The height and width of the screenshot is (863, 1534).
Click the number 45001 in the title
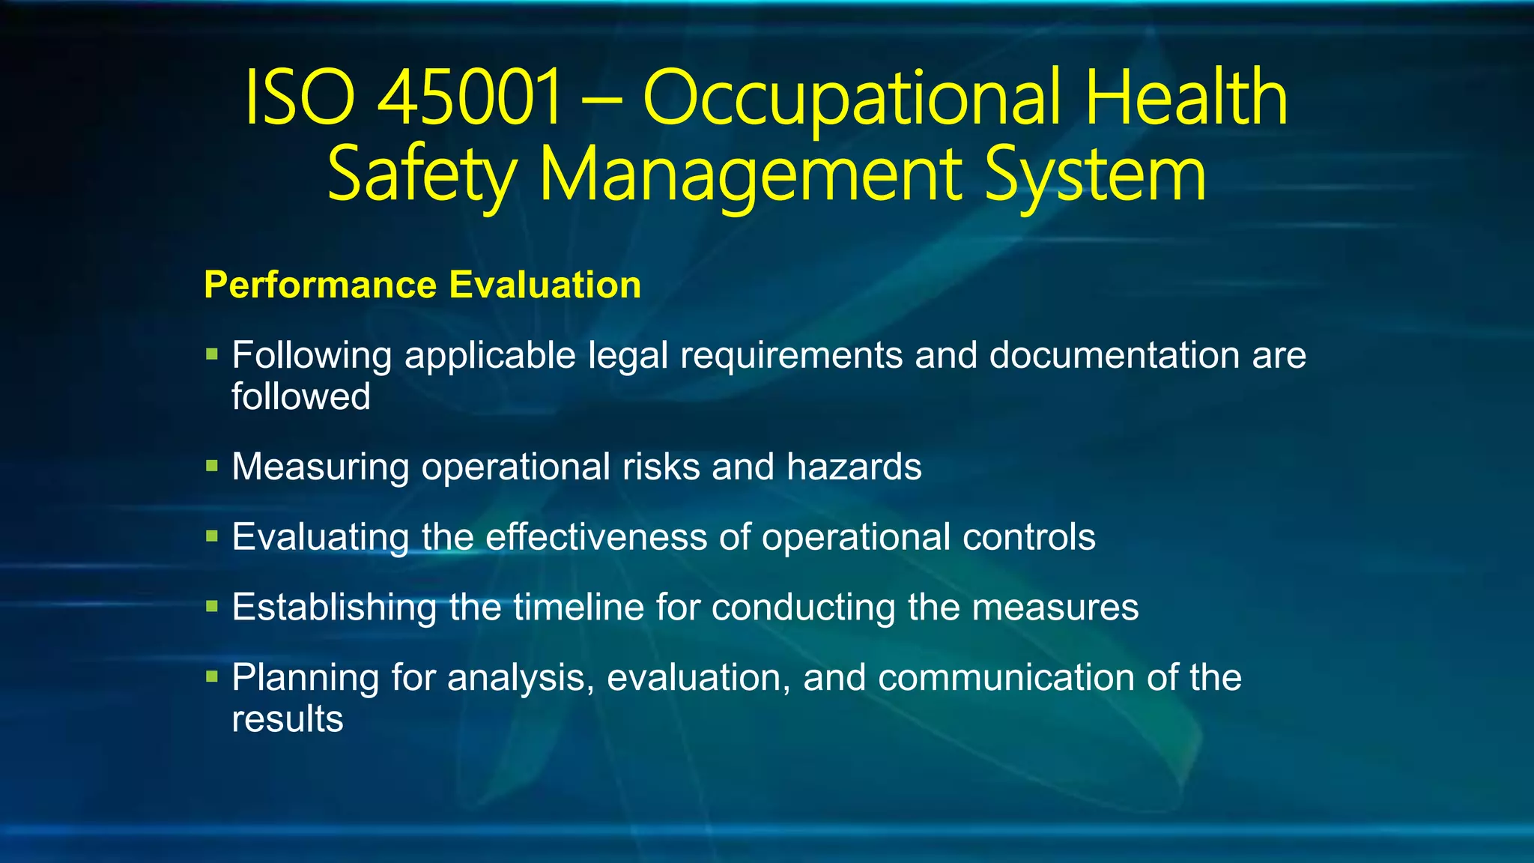click(469, 97)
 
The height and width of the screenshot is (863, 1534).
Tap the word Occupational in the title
click(852, 99)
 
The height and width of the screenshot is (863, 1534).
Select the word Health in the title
click(1186, 97)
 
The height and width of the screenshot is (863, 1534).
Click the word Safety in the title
click(422, 175)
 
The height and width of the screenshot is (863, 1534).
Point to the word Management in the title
click(750, 175)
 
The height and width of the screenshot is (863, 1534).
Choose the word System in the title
click(1095, 175)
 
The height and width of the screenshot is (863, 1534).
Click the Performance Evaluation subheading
click(422, 285)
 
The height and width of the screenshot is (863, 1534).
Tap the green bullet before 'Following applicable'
click(212, 354)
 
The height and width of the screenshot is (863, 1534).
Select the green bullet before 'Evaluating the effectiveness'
click(212, 536)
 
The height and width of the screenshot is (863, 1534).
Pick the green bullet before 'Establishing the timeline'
click(212, 606)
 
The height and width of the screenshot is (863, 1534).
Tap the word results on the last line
click(288, 719)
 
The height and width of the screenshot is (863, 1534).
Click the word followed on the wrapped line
click(301, 396)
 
